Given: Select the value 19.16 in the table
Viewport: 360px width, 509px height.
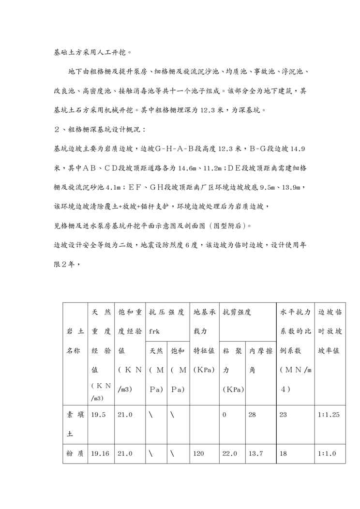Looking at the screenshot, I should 100,454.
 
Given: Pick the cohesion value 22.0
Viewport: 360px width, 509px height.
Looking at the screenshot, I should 230,454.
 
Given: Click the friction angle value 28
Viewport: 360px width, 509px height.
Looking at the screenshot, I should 252,415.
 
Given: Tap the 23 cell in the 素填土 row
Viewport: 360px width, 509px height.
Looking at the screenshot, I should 284,415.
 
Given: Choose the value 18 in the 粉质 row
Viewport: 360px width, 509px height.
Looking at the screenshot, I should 284,454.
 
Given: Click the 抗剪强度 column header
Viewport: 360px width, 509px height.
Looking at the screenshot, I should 237,313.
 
